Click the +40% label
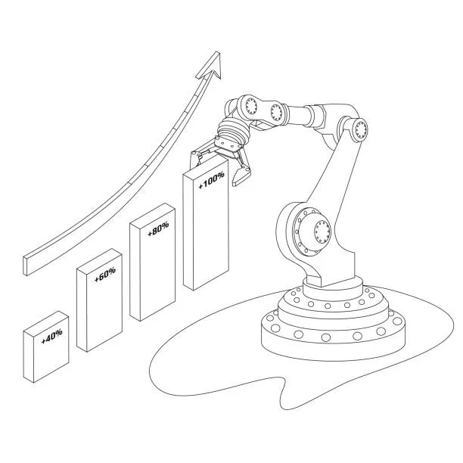pos(52,337)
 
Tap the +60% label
pos(105,275)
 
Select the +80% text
pos(159,228)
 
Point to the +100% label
pos(211,179)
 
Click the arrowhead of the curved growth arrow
pos(211,66)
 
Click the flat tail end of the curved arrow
pos(26,266)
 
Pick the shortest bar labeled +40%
pos(45,346)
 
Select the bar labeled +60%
pos(99,300)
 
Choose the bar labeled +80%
pos(153,262)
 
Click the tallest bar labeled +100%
pos(206,225)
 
